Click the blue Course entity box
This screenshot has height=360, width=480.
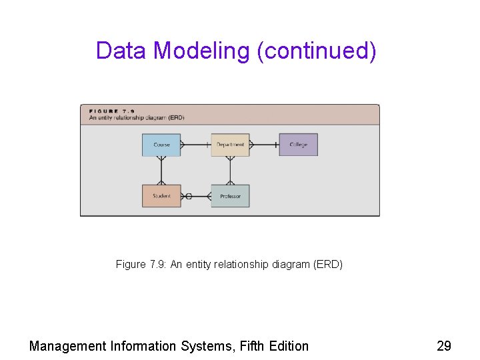coord(161,145)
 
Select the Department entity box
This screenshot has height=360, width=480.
coord(230,145)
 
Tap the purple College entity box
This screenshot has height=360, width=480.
coord(298,145)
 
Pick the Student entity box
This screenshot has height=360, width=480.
coord(161,196)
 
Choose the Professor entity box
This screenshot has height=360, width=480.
coord(230,196)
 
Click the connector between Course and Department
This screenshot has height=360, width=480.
coord(196,145)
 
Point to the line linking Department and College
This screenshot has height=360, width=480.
coord(264,145)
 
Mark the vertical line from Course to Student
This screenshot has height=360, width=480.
coord(161,171)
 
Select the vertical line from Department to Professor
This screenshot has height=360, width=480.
coord(230,171)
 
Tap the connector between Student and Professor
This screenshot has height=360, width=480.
coord(196,196)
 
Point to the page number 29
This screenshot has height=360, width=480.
coord(443,346)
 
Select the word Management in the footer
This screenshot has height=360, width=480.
coord(67,346)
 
